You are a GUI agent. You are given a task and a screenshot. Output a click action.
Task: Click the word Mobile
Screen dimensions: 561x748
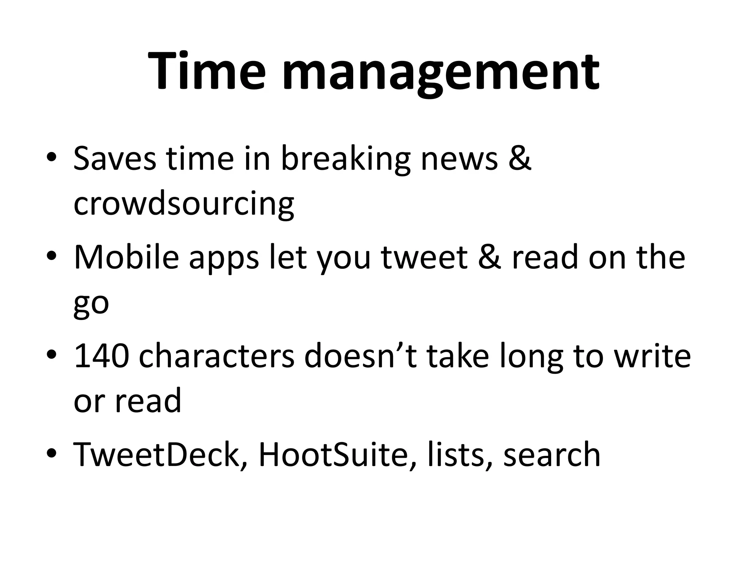(x=126, y=257)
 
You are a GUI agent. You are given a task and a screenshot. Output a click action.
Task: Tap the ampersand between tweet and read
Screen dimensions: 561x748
(x=489, y=257)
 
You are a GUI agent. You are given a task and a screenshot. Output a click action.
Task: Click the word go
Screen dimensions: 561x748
(x=91, y=305)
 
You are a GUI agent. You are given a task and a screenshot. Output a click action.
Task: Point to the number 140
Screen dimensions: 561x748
(x=101, y=356)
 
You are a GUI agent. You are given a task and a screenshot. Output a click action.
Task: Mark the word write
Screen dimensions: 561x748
(x=652, y=356)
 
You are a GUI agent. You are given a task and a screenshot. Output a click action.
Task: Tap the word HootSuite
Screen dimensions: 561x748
(x=332, y=454)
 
